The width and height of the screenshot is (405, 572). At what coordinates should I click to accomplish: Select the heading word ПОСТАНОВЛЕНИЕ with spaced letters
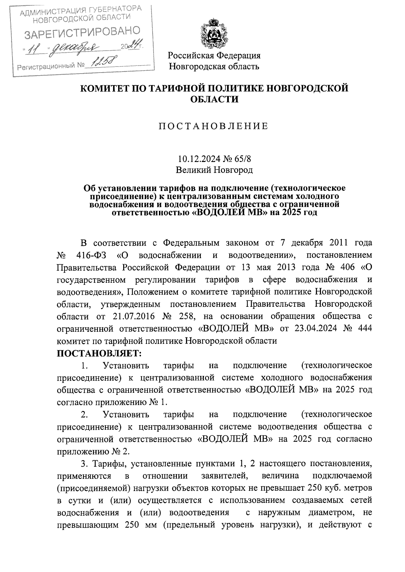tap(214, 126)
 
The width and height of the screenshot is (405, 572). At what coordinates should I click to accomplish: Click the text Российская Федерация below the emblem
tap(214, 55)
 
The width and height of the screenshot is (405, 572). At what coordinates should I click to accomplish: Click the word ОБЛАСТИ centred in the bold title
tap(214, 100)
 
